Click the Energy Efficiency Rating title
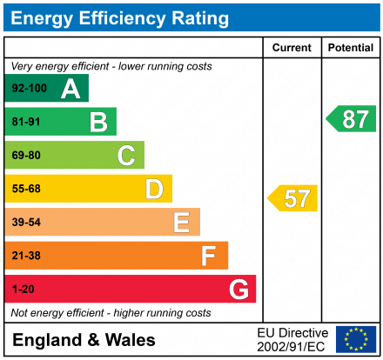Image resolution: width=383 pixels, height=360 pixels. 123,17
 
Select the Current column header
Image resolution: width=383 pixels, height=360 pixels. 292,48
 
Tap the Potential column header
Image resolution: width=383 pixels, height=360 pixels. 351,48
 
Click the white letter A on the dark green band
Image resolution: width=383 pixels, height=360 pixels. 71,89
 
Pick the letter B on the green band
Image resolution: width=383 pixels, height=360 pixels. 98,123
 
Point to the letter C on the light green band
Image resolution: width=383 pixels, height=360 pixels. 126,156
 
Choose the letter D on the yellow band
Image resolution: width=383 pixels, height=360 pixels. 154,189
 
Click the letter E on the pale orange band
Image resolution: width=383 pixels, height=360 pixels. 181,223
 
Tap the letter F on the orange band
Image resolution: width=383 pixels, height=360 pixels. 209,256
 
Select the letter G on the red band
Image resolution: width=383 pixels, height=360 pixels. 238,289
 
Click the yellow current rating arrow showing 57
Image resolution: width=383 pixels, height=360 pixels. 293,198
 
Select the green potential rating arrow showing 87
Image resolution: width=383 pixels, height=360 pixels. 352,119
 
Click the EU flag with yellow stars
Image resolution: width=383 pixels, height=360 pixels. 356,339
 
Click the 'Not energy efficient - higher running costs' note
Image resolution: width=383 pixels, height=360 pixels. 111,312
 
